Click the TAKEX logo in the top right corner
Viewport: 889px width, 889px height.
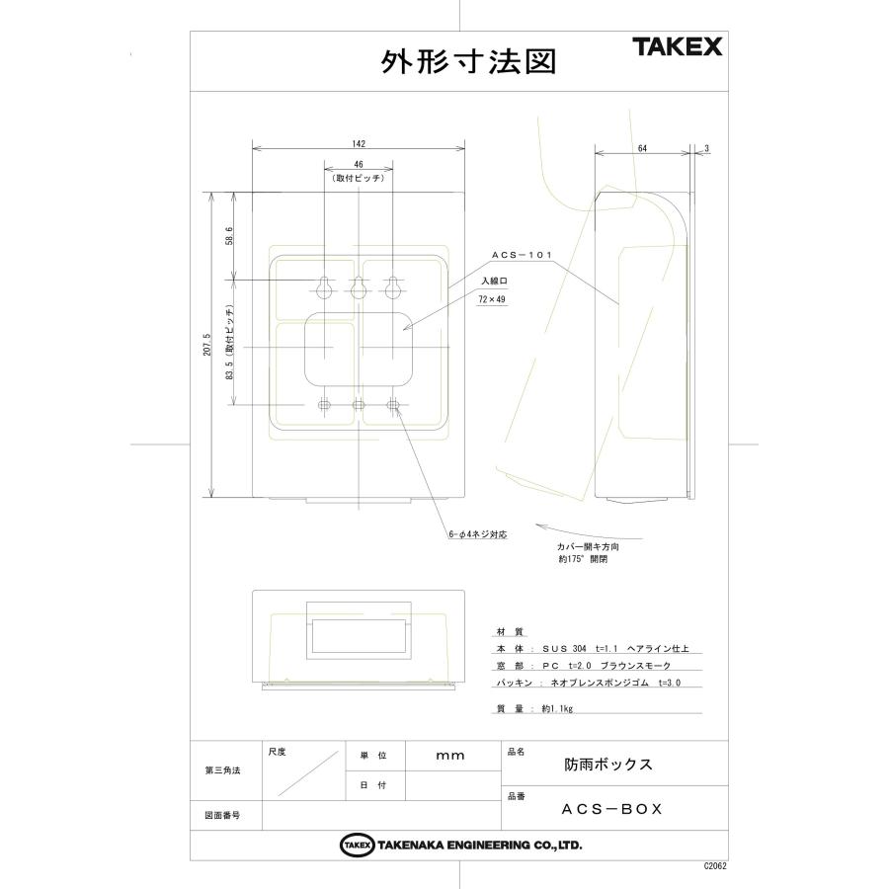point(678,46)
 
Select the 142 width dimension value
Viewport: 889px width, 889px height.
point(359,141)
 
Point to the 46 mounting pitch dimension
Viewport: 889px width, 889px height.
point(359,165)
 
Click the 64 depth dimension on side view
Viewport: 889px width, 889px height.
point(642,147)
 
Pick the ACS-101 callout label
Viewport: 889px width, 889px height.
point(521,255)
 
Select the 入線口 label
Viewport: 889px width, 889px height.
point(494,281)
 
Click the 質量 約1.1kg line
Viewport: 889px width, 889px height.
point(533,708)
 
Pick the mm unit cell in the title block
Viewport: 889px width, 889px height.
point(449,755)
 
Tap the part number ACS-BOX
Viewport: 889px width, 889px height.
point(611,808)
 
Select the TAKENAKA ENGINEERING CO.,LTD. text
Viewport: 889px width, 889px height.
point(477,846)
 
